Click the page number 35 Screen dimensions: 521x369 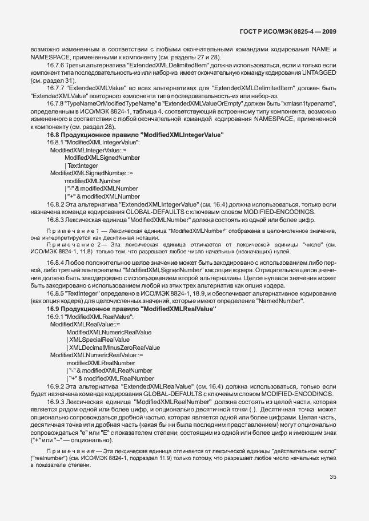pyautogui.click(x=333, y=478)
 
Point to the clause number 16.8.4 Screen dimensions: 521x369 pyautogui.click(x=56, y=262)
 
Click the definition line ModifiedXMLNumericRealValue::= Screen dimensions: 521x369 pyautogui.click(x=97, y=355)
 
